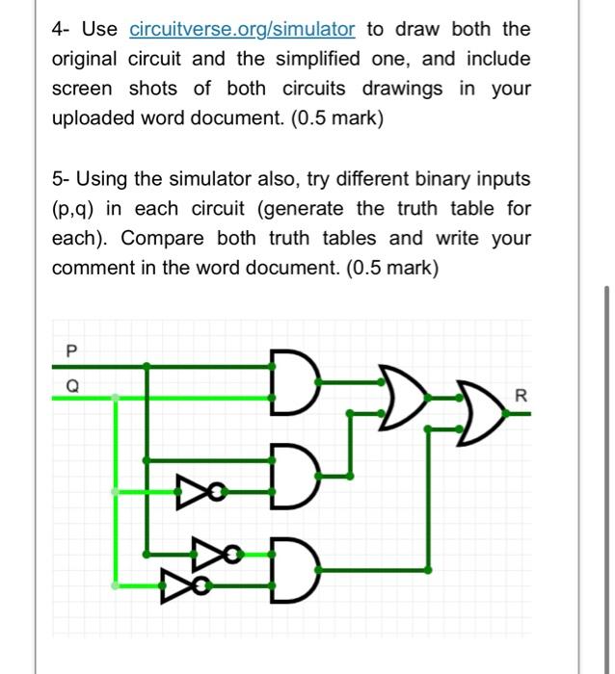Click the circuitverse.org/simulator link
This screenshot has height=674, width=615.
tap(242, 30)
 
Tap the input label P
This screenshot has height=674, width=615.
tap(68, 352)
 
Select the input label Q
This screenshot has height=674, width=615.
tap(68, 384)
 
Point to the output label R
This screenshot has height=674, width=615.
tap(522, 395)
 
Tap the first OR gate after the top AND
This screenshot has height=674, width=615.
tap(398, 395)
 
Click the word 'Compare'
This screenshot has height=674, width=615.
tap(162, 238)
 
